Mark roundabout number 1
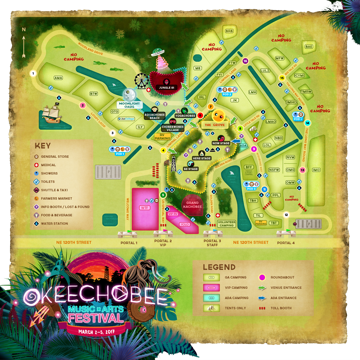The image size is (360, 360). point(33,73)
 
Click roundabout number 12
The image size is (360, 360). point(286,215)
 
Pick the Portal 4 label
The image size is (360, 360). point(286,243)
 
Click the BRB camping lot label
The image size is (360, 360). point(229,31)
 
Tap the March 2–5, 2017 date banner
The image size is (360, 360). point(95,331)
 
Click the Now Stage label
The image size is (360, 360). point(221,143)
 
